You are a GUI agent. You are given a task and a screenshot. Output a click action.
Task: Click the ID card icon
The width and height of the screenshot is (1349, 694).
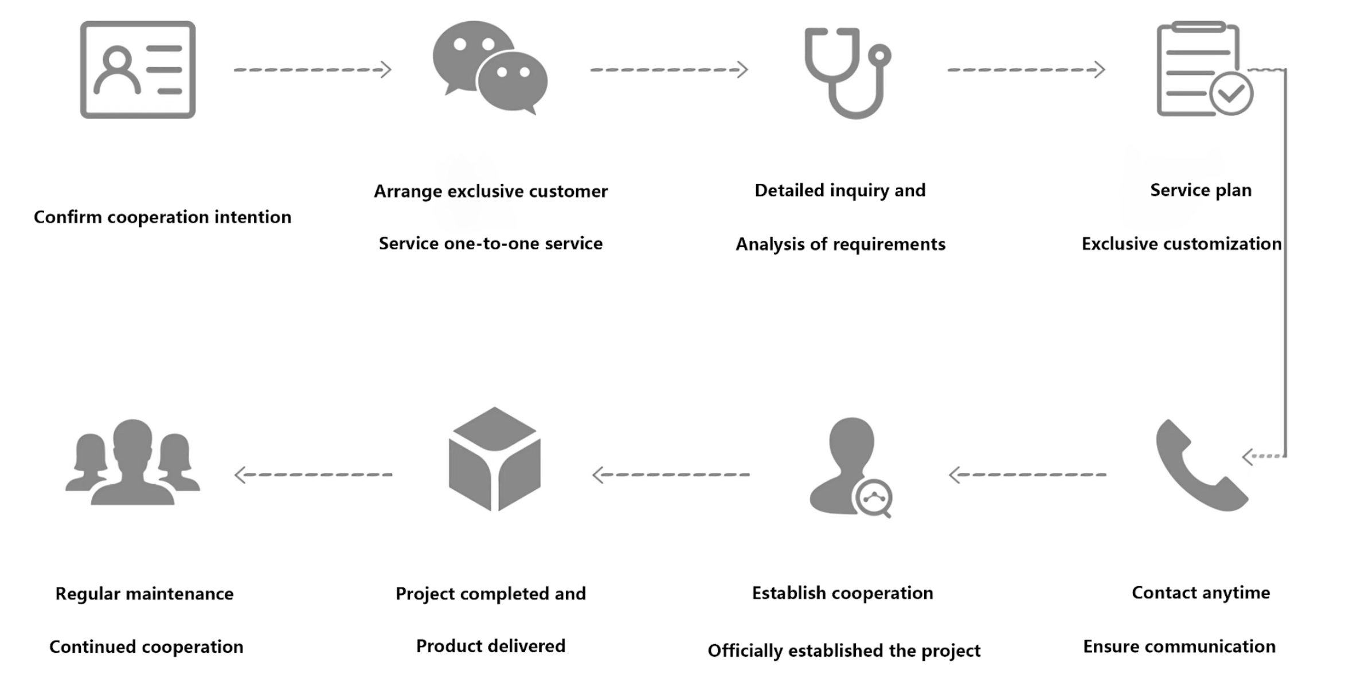[138, 70]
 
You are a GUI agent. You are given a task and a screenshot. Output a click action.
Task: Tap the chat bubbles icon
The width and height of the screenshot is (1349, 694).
[490, 68]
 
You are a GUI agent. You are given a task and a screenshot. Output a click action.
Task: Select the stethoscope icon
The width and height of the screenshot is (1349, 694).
[847, 72]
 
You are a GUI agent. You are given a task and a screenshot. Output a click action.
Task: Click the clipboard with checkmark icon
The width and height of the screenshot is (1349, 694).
[1201, 69]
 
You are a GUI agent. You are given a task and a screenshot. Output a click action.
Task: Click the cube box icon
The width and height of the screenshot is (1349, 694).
[494, 458]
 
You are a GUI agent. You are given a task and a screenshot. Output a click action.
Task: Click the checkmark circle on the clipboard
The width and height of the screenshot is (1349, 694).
[1231, 94]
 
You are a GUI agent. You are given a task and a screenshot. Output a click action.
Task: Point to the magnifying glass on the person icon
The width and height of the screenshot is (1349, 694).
[873, 497]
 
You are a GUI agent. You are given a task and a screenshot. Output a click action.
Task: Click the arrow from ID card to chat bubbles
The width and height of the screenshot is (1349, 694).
[312, 70]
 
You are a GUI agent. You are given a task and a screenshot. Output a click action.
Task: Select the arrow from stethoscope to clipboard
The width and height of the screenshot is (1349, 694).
[1026, 70]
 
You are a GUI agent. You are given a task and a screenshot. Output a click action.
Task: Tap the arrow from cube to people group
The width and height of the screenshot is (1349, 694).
[314, 475]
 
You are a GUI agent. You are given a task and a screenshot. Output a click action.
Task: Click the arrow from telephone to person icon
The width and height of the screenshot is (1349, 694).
[1027, 475]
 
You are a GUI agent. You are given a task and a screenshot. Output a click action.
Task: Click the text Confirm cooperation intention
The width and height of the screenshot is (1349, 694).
[162, 217]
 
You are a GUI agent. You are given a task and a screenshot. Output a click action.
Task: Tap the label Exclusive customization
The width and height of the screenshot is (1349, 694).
[1181, 244]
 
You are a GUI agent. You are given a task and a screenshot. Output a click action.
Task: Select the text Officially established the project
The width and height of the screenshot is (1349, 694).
[844, 651]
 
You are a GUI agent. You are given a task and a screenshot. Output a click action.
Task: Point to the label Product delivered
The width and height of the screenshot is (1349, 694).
[491, 646]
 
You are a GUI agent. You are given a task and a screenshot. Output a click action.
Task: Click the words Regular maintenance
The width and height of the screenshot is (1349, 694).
[144, 594]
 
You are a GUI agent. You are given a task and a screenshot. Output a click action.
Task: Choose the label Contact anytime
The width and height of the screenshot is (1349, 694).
[1201, 593]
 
